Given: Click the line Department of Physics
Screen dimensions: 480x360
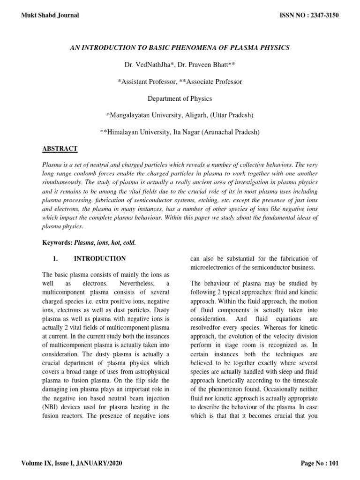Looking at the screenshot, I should point(180,98).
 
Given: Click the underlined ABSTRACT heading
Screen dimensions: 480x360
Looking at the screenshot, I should point(60,149).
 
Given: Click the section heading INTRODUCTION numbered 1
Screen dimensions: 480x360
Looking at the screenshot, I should point(100,258).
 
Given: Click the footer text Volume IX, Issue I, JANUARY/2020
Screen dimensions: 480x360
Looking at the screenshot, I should point(72,464).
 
